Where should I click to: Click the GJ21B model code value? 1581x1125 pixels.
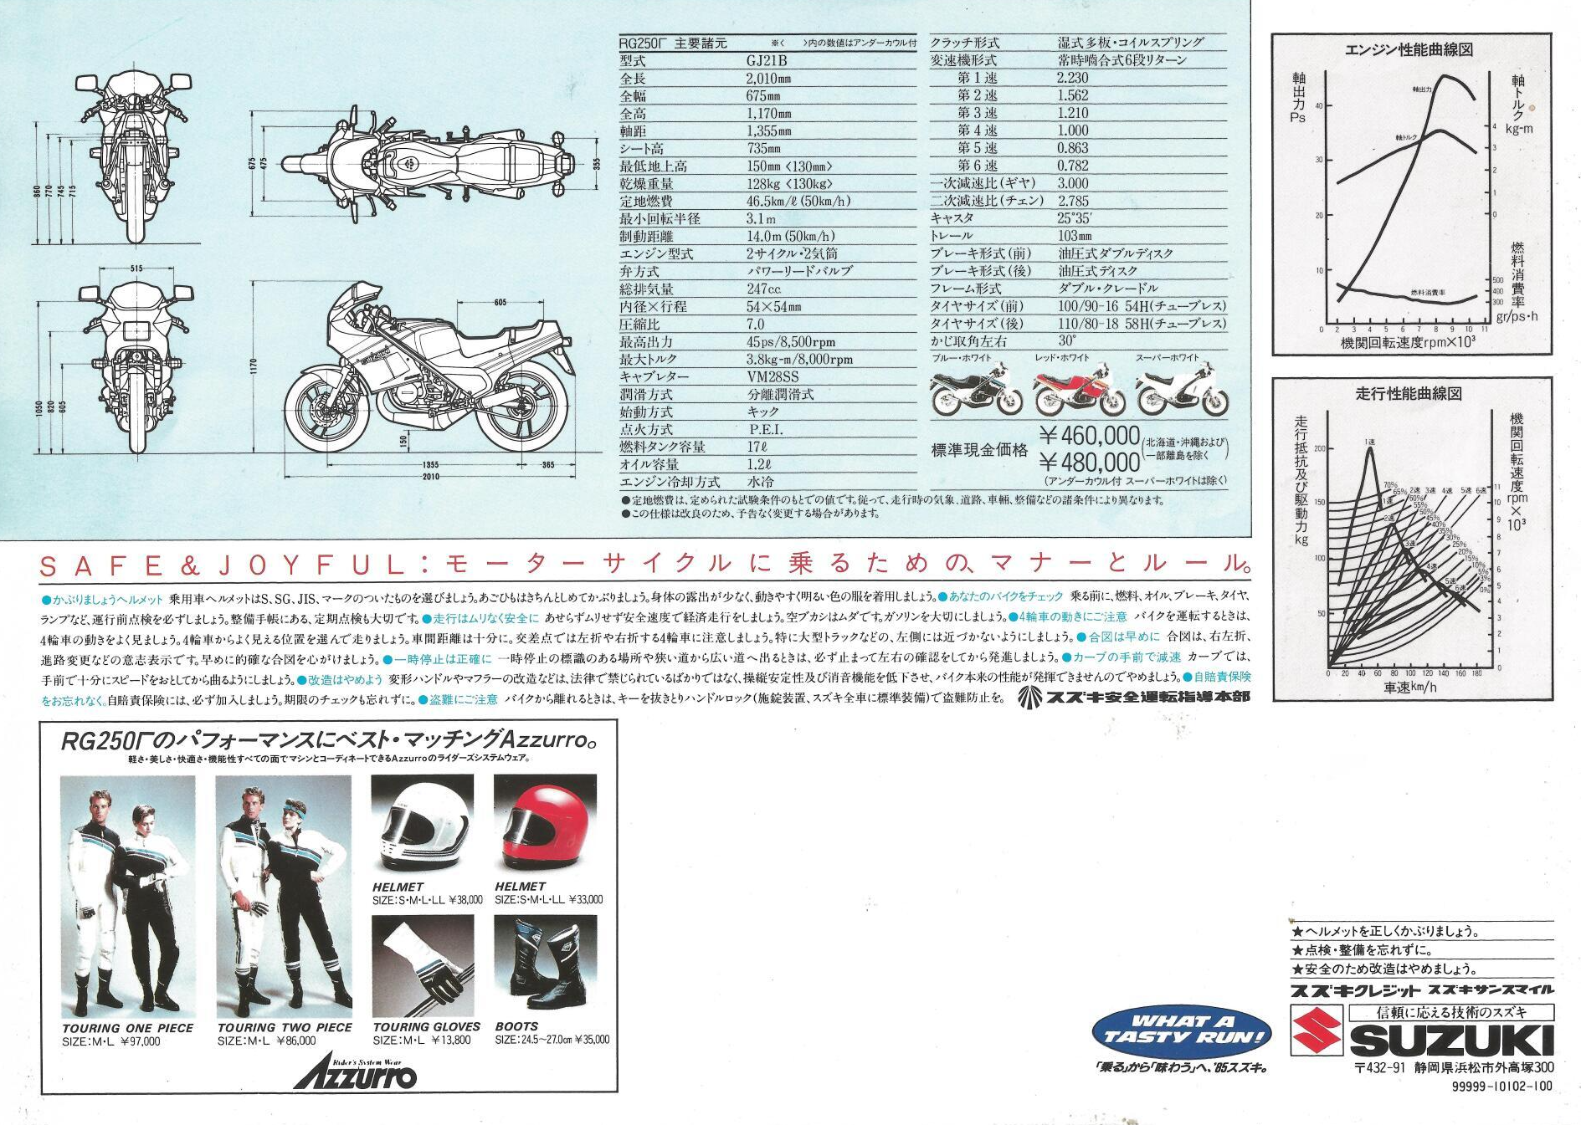(767, 61)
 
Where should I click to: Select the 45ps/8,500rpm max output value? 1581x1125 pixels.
(790, 342)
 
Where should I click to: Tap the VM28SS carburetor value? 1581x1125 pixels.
(773, 377)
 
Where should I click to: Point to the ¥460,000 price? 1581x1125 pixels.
(1089, 436)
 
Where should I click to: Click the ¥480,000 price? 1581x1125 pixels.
(1089, 463)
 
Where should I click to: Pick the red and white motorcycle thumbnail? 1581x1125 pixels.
(1079, 391)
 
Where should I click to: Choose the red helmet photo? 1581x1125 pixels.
(545, 824)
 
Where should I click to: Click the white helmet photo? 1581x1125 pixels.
(422, 824)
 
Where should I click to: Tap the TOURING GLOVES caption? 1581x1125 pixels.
(426, 1026)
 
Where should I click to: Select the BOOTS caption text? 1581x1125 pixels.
(516, 1026)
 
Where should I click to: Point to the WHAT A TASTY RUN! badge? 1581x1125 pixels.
(1182, 1030)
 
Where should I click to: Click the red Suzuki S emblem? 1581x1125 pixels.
(1317, 1031)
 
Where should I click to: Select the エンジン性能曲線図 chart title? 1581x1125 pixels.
(1408, 50)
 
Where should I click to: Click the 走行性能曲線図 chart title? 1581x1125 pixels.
(1408, 393)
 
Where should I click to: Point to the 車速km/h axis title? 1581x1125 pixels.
(1409, 688)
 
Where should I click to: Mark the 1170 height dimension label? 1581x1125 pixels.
(254, 367)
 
